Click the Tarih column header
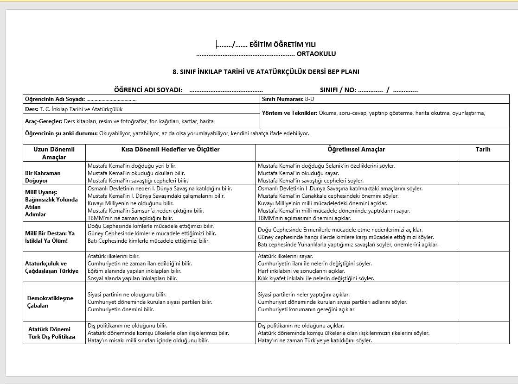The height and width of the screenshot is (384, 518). (483, 150)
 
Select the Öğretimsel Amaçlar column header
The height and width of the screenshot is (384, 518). (356, 150)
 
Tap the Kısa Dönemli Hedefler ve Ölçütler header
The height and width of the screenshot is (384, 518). (170, 150)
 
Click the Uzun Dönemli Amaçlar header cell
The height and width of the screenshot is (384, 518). (54, 153)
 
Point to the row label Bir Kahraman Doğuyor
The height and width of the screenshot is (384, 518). (43, 176)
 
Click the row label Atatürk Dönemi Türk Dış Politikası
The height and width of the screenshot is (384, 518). (51, 333)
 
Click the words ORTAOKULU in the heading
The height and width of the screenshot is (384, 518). (316, 54)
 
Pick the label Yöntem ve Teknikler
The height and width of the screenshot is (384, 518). (289, 113)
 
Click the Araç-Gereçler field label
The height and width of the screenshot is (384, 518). (43, 121)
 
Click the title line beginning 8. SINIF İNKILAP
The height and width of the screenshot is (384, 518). (266, 72)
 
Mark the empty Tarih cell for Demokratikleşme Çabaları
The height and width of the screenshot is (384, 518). (483, 302)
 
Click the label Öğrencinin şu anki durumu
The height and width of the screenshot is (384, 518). (61, 134)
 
